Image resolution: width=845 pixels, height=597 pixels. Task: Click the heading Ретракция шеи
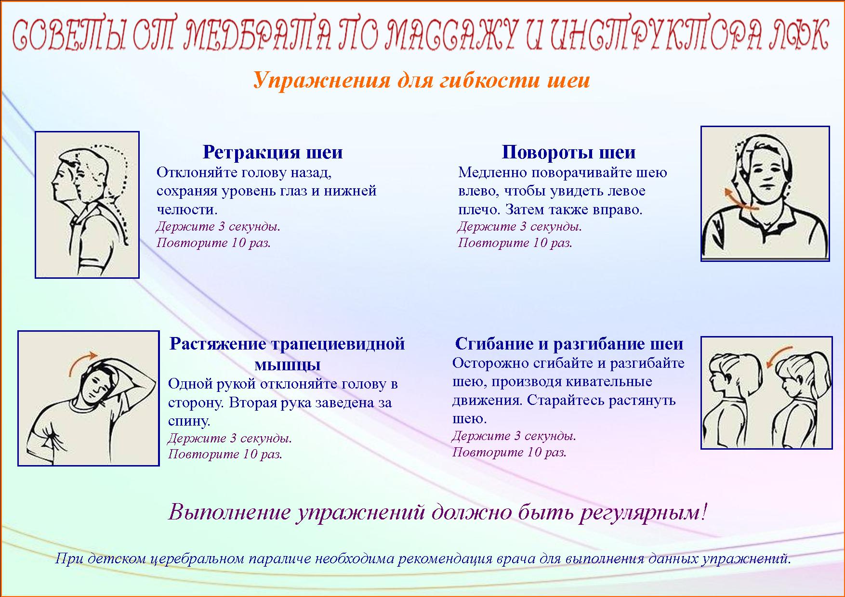click(x=273, y=152)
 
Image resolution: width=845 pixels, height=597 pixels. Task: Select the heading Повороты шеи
click(x=568, y=152)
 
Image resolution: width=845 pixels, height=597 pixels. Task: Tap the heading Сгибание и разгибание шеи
click(x=569, y=344)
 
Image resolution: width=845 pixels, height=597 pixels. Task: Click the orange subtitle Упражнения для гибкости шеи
click(x=422, y=80)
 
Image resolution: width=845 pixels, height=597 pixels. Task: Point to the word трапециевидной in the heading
click(x=338, y=344)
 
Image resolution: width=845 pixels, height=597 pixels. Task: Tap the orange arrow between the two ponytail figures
click(x=778, y=356)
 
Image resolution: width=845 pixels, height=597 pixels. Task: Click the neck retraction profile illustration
click(x=87, y=205)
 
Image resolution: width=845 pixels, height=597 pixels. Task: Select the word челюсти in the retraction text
click(x=187, y=210)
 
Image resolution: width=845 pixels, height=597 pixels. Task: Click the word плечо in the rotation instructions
click(x=479, y=210)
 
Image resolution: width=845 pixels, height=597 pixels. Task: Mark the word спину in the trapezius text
click(x=189, y=422)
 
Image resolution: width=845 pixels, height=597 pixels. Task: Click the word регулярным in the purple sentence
click(x=642, y=512)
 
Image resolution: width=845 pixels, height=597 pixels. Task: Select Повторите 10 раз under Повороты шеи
click(x=515, y=243)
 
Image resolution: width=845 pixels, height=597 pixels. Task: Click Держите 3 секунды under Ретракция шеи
click(x=219, y=226)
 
